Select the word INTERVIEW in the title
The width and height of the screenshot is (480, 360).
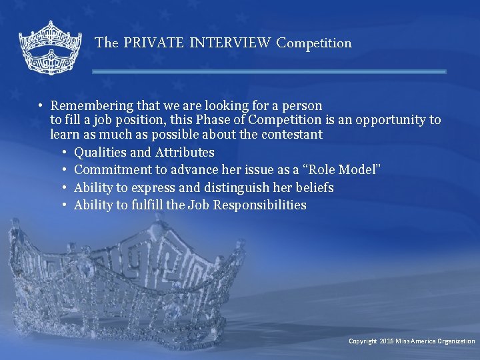point(231,43)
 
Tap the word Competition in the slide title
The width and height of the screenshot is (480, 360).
point(314,43)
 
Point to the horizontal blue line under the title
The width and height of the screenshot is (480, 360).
point(269,71)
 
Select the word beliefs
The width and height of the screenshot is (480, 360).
point(315,188)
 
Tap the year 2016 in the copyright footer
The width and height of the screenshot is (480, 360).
point(387,341)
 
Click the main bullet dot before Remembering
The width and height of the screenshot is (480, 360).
point(41,106)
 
